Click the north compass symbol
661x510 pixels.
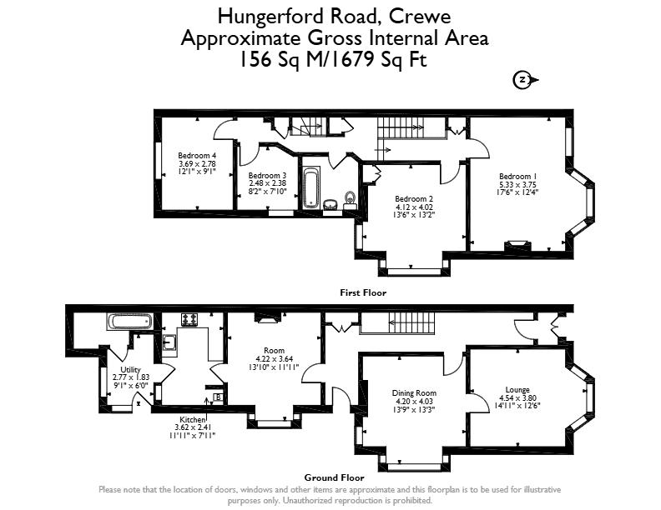[x=525, y=80]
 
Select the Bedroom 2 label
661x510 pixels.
[x=414, y=198]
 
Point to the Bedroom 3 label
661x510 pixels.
[x=267, y=176]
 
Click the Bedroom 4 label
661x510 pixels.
[x=197, y=155]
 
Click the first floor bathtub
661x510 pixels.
[x=311, y=188]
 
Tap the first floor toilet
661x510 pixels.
[x=350, y=200]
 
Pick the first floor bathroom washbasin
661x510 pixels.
[x=330, y=204]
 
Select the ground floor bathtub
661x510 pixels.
[x=129, y=322]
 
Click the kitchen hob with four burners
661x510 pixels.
[x=189, y=319]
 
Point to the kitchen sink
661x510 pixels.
[x=169, y=342]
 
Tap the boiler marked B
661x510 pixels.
[x=218, y=397]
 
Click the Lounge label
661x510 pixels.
[x=517, y=390]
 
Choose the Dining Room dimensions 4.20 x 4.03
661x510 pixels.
[x=414, y=402]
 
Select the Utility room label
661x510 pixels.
[x=131, y=370]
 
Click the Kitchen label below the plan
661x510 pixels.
[x=192, y=419]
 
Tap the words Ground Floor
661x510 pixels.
[x=335, y=477]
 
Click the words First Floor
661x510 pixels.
[x=363, y=292]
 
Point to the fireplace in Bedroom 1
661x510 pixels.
[x=517, y=245]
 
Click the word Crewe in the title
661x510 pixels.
[x=420, y=17]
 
